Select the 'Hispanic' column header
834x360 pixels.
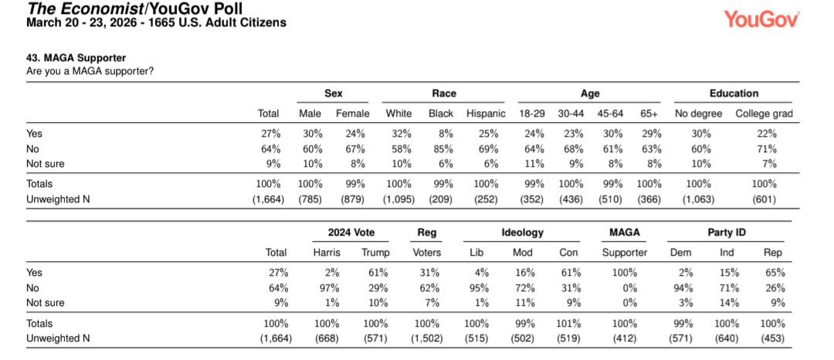[x=486, y=114]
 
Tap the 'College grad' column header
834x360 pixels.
[x=764, y=114]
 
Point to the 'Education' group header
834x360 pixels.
[x=734, y=93]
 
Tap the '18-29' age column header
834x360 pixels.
[x=533, y=114]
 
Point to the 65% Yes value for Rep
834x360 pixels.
[x=776, y=272]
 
